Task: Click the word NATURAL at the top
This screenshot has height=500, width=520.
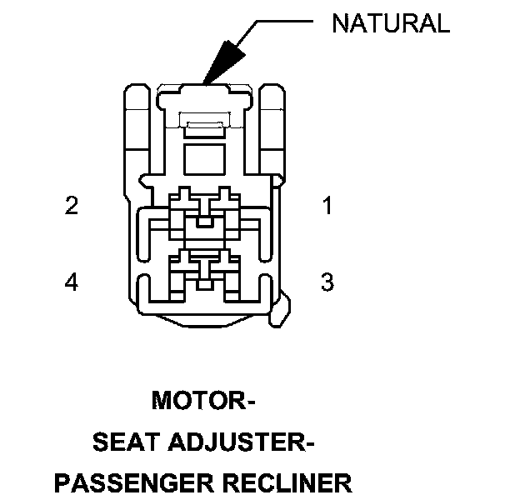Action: tap(390, 24)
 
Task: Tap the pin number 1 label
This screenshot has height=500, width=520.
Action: tap(327, 205)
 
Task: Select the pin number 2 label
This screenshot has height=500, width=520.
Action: tap(72, 205)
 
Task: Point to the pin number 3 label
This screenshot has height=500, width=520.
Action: tap(327, 282)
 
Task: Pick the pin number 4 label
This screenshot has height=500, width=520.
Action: tap(72, 282)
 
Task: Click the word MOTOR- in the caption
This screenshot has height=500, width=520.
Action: tap(203, 401)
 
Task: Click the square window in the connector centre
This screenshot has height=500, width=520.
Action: tap(204, 158)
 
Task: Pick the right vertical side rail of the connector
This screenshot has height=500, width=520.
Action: tap(273, 125)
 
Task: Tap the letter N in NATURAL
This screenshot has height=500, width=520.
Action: tap(339, 24)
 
